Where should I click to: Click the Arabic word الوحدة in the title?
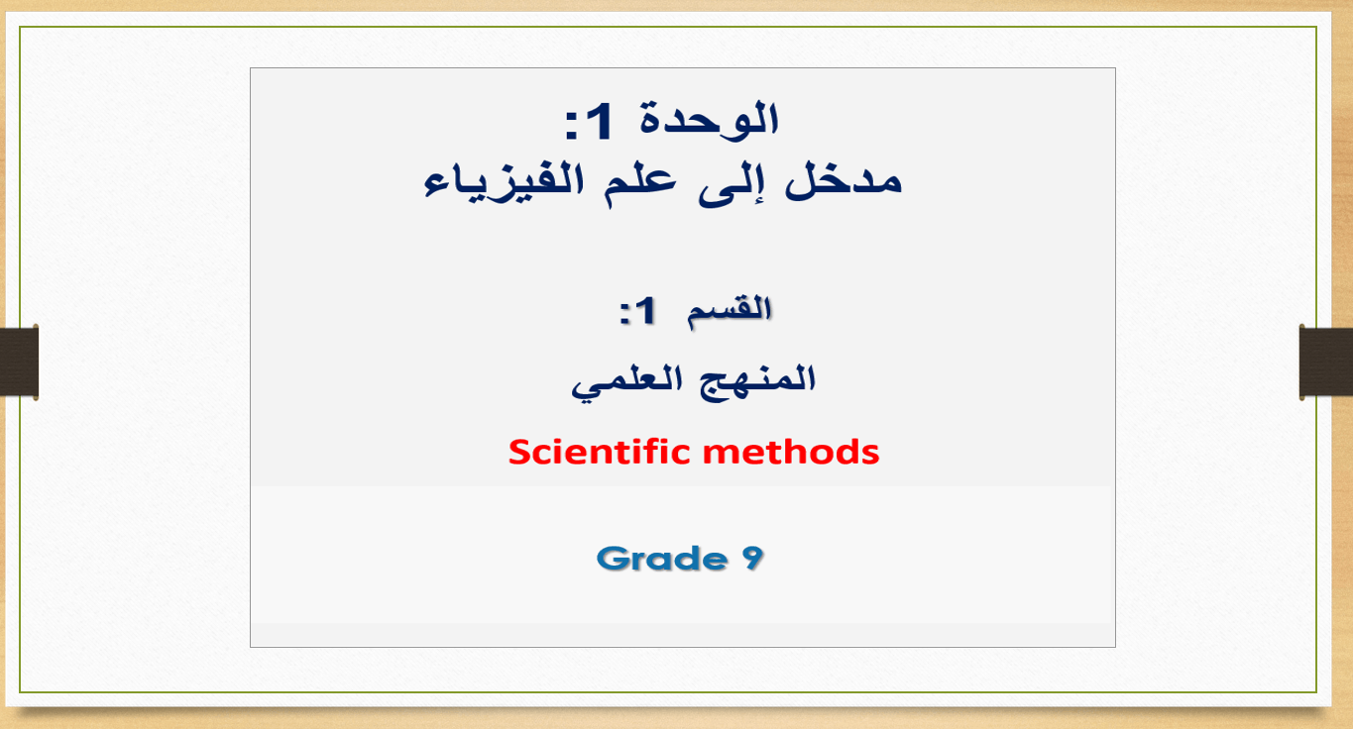709,120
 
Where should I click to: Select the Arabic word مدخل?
844,180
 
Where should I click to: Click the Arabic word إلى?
727,183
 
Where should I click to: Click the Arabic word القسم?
730,311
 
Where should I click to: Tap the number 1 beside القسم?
645,310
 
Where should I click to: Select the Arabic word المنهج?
757,379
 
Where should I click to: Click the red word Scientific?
599,452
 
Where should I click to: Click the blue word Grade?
661,559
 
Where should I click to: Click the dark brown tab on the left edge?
20,363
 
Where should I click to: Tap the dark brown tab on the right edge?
1326,363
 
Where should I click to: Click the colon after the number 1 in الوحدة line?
571,125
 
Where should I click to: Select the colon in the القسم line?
624,313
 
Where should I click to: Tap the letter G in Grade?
611,559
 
